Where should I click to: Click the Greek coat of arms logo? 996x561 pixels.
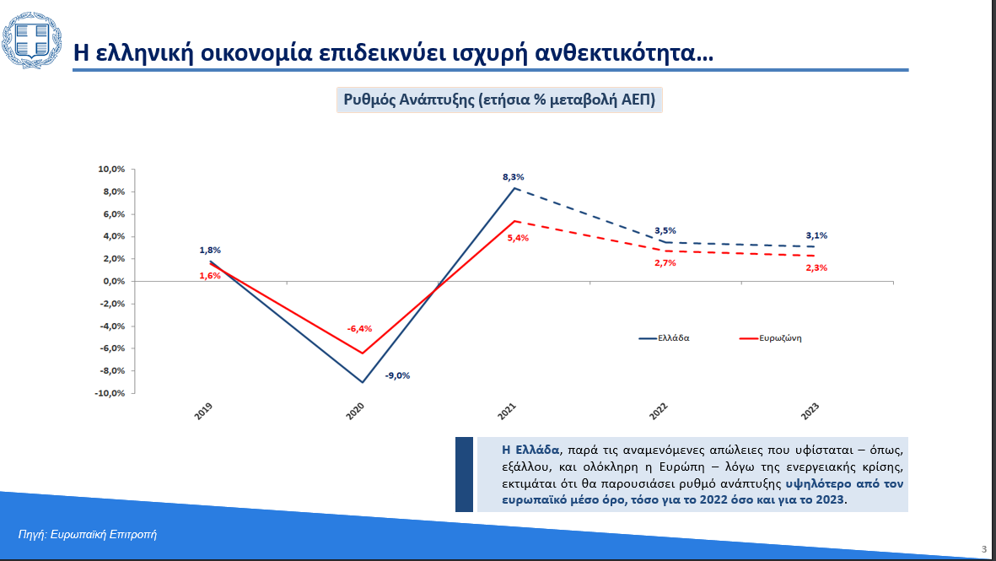coord(32,40)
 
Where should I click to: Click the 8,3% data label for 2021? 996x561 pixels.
coord(514,177)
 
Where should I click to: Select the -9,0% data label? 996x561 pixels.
coord(397,375)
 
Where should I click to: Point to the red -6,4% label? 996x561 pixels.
coord(359,328)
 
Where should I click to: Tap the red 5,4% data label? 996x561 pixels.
coord(518,238)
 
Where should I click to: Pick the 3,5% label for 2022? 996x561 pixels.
coord(665,230)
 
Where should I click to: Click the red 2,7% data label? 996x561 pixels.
coord(665,263)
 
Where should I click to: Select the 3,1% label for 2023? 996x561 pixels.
coord(816,235)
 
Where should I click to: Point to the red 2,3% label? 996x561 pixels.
coord(816,268)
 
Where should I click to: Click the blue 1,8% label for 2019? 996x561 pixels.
coord(210,251)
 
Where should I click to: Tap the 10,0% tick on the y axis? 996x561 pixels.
coord(111,169)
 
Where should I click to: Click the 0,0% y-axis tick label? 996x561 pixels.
coord(114,282)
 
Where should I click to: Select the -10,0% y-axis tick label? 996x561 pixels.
coord(110,393)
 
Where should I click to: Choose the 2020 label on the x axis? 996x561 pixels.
coord(355,411)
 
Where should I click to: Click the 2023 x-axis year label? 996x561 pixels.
coord(810,411)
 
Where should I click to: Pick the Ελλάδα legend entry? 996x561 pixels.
coord(665,338)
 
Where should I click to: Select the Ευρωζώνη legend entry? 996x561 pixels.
coord(771,338)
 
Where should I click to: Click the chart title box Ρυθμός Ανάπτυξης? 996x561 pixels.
coord(499,100)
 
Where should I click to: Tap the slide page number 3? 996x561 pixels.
coord(984,549)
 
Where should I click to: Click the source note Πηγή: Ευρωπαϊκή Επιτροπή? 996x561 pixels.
coord(87,534)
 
